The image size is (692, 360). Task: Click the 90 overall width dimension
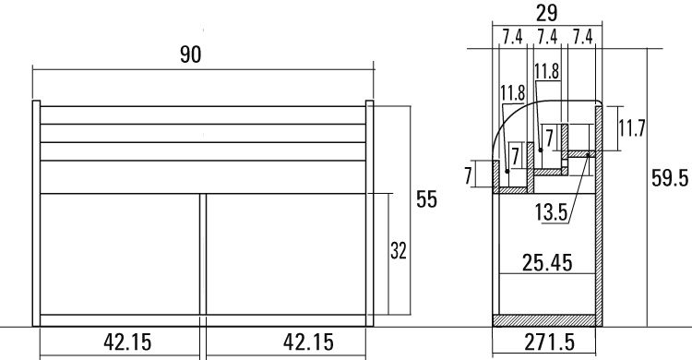(191, 54)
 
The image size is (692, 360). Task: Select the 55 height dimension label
(427, 199)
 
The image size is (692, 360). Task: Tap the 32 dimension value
(398, 251)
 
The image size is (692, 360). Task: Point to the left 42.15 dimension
(127, 342)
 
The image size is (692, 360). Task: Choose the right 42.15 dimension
(308, 342)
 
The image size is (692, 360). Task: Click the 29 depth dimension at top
(547, 13)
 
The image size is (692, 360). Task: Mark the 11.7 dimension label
(631, 128)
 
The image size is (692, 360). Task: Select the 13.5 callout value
(551, 212)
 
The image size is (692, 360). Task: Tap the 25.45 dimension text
(547, 263)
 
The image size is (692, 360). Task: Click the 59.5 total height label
(670, 179)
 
